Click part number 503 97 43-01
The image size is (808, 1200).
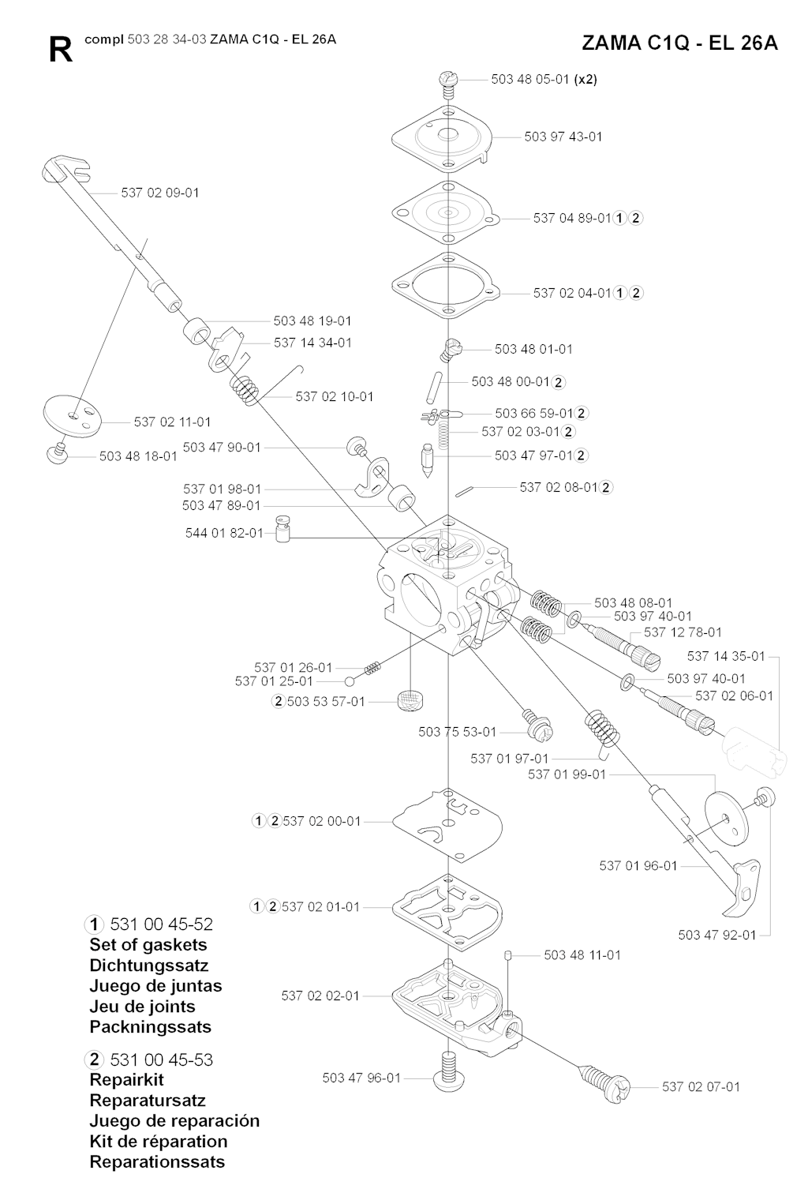point(563,137)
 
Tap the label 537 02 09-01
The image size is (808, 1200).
point(160,193)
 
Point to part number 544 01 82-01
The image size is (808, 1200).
point(224,533)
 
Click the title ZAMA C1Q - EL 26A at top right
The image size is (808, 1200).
point(679,43)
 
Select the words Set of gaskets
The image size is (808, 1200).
point(148,945)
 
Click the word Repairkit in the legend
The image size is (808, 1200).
point(126,1079)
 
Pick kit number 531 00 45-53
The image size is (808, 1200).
point(161,1059)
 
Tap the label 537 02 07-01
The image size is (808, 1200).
point(701,1086)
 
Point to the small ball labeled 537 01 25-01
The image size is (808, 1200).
point(349,681)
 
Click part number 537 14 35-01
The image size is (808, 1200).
point(726,656)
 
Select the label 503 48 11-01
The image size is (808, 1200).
point(582,955)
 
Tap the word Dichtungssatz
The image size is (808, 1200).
point(148,966)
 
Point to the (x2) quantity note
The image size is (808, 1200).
point(585,79)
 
